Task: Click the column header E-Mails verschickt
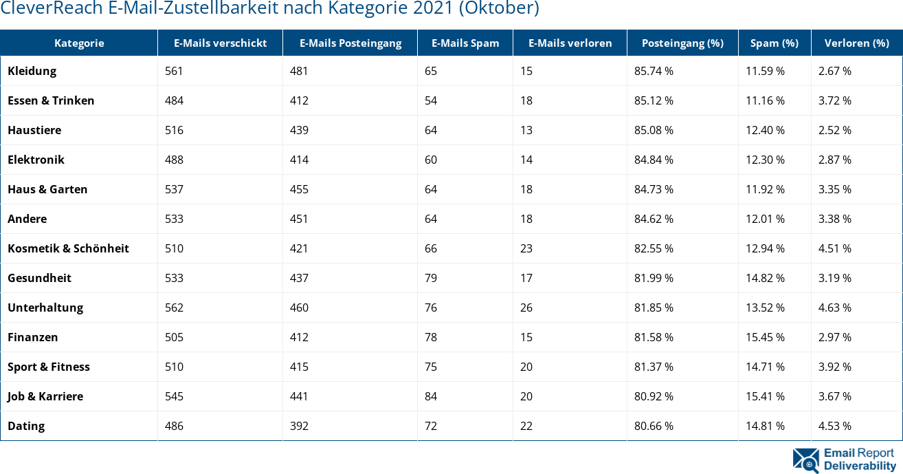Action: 220,43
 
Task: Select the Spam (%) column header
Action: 774,43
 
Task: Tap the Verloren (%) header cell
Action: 856,43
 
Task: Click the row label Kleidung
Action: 32,71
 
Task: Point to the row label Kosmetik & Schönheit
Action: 68,248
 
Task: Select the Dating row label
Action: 26,426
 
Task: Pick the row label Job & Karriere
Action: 45,396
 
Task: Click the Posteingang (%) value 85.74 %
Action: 654,71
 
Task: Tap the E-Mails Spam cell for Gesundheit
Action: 431,278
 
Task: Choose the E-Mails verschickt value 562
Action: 174,308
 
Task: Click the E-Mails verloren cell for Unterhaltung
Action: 526,308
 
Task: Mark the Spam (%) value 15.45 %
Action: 765,337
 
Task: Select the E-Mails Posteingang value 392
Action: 299,426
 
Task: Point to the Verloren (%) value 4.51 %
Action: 834,248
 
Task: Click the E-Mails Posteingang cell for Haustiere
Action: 299,130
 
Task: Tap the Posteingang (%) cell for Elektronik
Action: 654,160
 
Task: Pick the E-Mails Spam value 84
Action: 431,396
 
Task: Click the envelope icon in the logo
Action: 805,460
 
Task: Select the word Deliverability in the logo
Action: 860,466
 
